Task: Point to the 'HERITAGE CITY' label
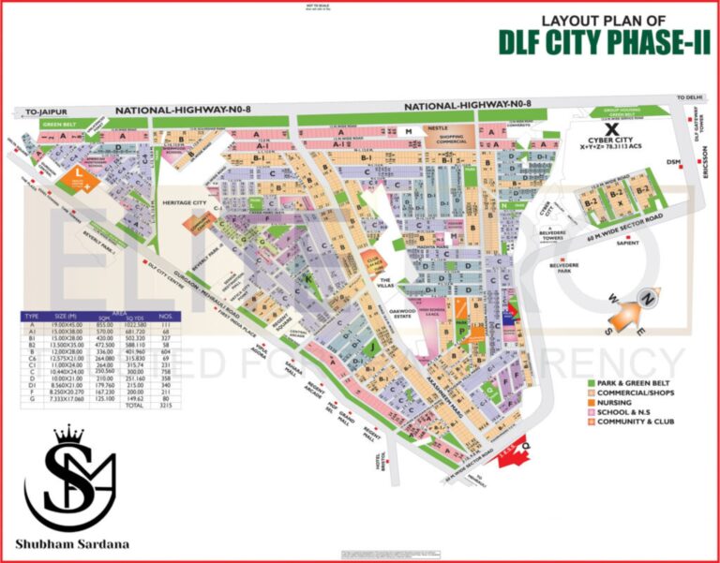coord(185,202)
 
